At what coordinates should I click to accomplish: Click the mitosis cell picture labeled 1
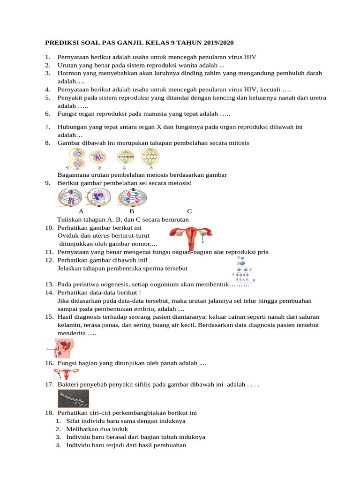click(76, 158)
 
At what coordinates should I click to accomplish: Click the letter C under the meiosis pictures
click(189, 211)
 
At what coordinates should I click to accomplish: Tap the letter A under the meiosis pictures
click(81, 211)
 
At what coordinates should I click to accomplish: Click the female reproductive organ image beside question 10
click(190, 237)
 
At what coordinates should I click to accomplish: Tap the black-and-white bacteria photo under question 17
click(73, 398)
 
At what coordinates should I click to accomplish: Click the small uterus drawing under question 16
click(66, 374)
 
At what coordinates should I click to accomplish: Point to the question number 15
click(49, 317)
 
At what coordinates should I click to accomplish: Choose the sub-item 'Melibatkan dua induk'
click(97, 429)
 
